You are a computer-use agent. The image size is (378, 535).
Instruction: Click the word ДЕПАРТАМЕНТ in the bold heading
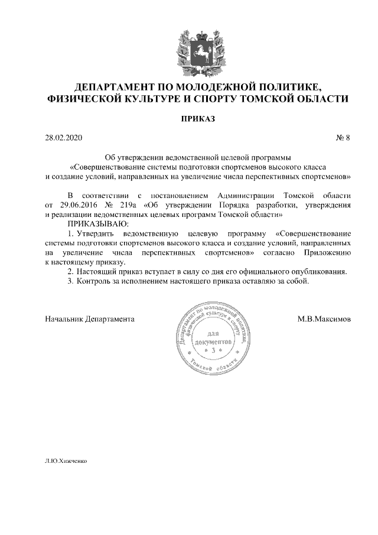pos(111,86)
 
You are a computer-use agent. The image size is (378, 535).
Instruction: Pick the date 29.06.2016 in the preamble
pos(74,205)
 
